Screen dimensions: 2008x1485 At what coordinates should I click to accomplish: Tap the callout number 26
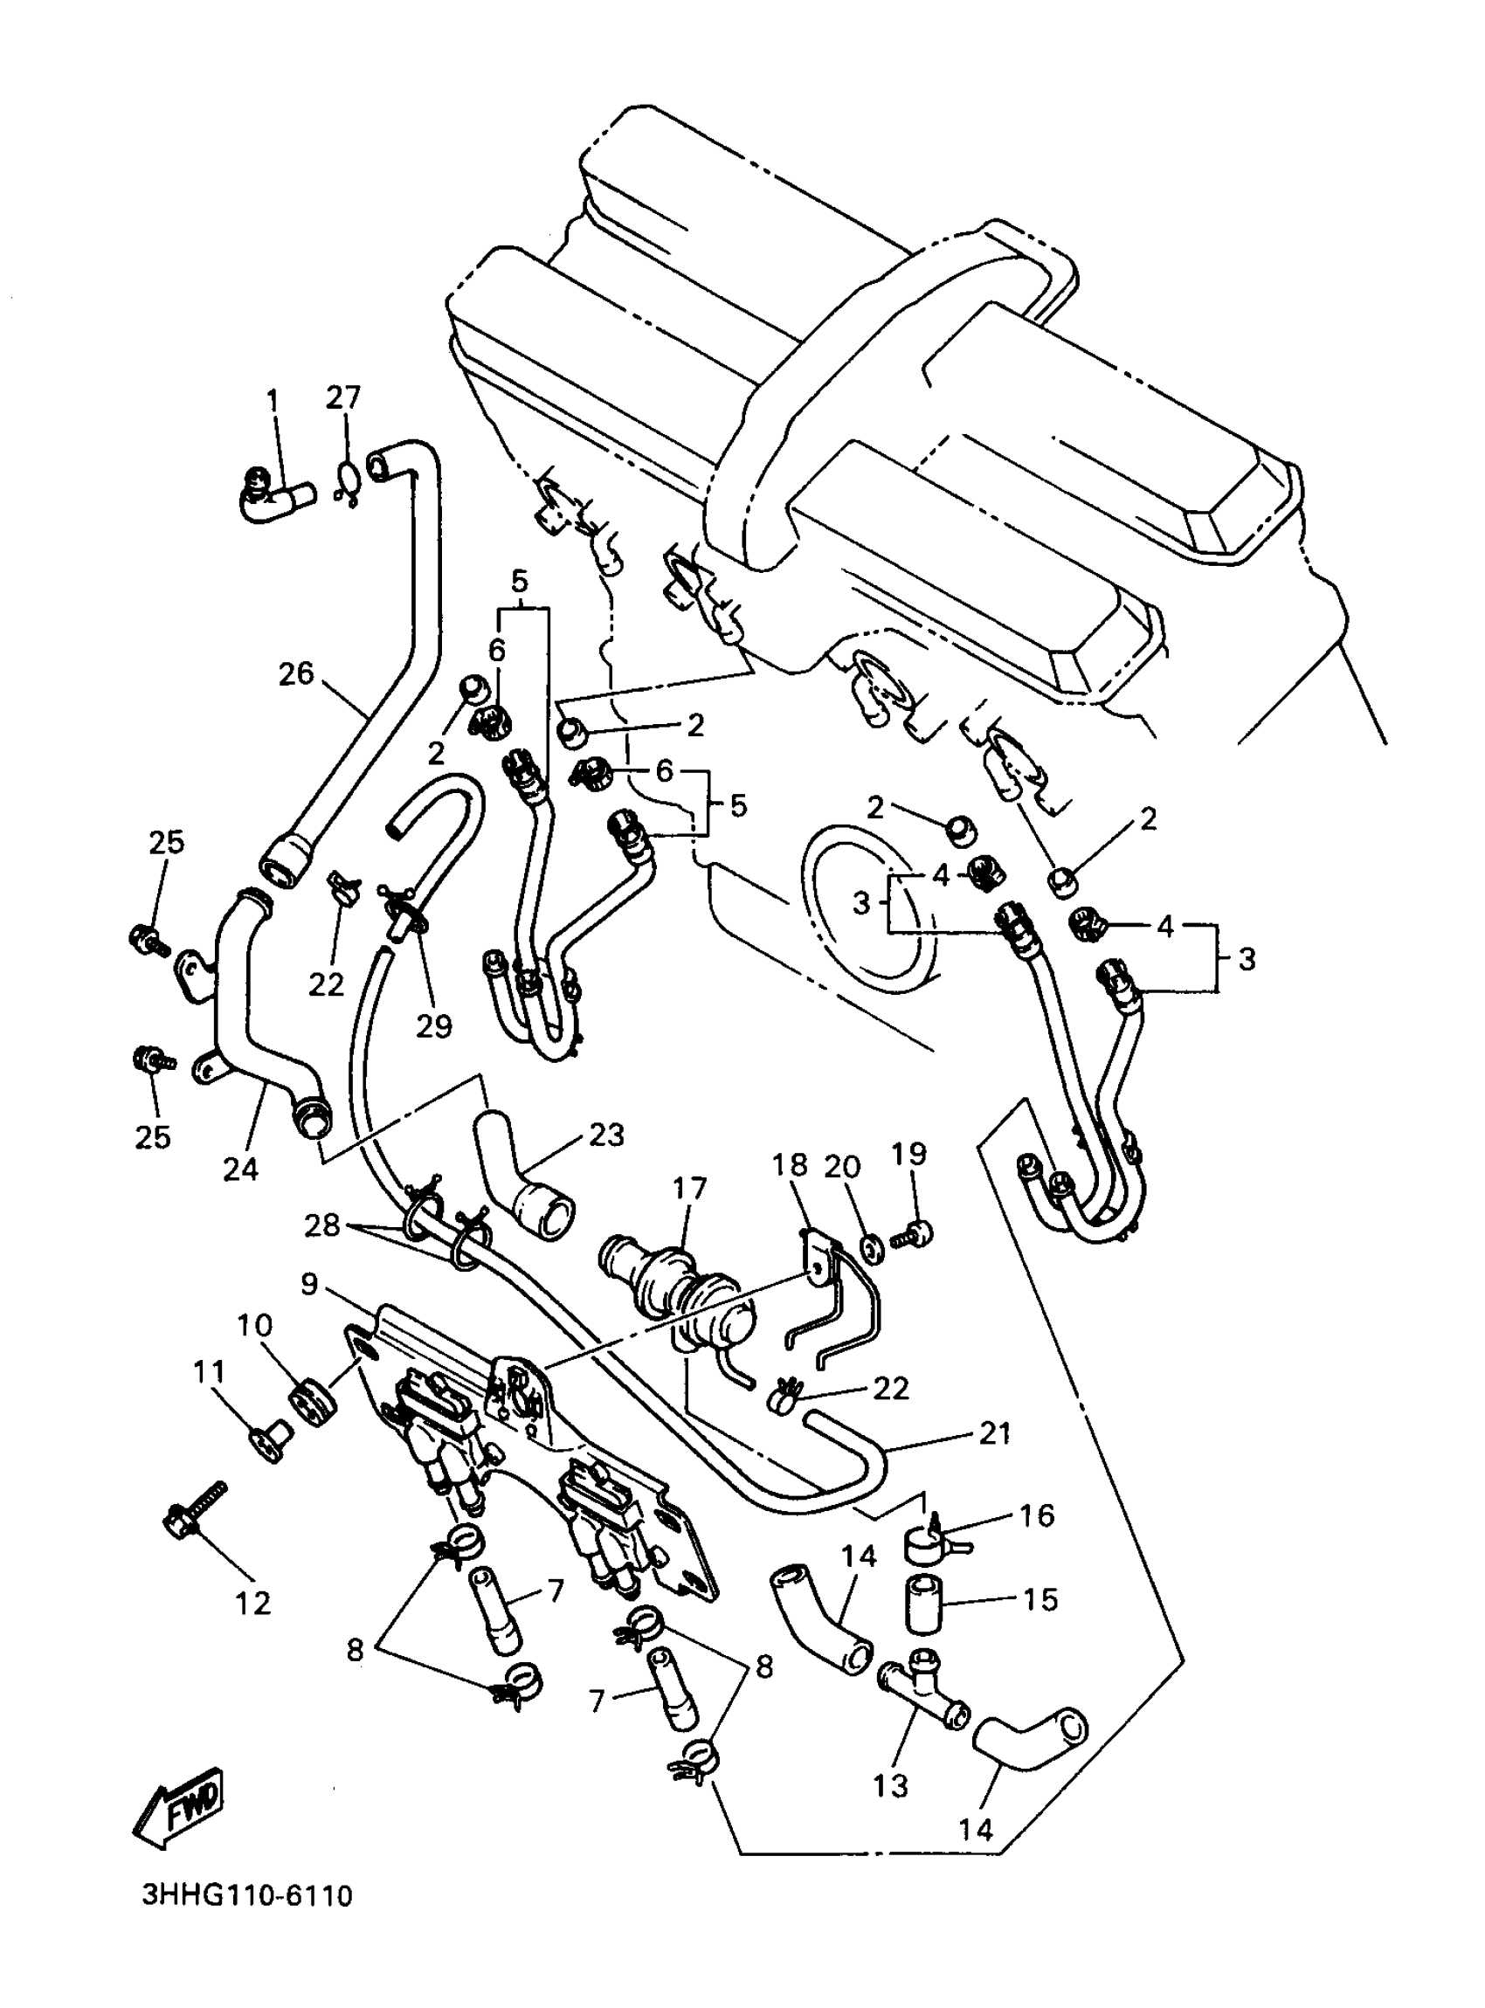296,673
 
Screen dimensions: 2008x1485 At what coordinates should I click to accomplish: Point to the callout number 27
342,397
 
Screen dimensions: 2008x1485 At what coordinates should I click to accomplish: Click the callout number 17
689,1187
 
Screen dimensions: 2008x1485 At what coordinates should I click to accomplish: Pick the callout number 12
252,1603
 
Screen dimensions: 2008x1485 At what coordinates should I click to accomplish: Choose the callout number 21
995,1432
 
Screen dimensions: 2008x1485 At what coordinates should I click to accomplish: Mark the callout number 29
433,1025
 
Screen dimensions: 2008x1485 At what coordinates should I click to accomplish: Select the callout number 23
606,1135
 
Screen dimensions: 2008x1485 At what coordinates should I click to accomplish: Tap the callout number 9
308,1284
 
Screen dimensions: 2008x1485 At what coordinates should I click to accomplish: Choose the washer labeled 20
869,1247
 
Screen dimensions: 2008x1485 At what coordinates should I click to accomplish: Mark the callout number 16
1037,1515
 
